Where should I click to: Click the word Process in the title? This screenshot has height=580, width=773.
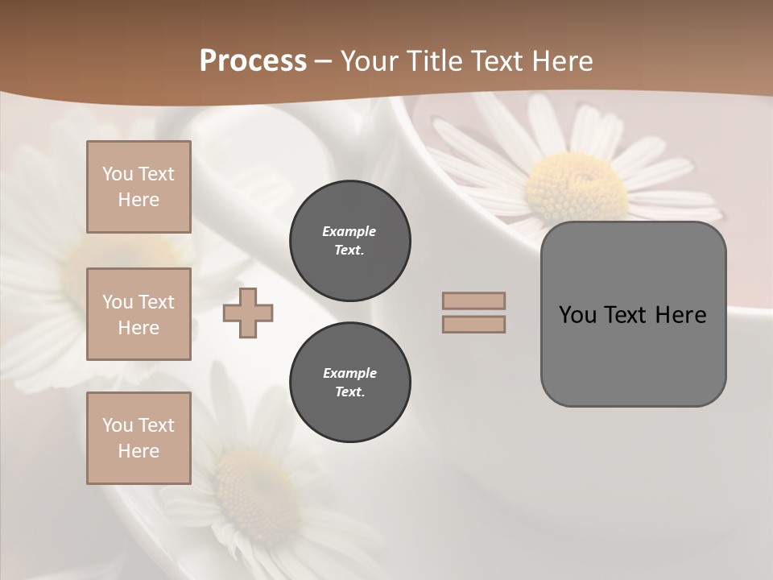(x=253, y=61)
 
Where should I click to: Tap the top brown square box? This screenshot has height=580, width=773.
(x=138, y=187)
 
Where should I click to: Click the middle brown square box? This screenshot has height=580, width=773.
(x=138, y=314)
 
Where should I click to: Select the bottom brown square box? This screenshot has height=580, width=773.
(x=138, y=437)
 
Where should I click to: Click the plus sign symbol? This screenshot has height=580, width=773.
(x=248, y=313)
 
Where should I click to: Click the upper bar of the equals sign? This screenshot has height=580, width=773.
(x=473, y=300)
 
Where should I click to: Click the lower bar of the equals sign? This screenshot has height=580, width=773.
(x=473, y=324)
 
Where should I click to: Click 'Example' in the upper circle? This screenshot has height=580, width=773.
(x=349, y=231)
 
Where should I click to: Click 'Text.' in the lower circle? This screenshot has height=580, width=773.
(x=349, y=391)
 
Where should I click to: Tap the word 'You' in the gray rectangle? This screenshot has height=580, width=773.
(x=577, y=315)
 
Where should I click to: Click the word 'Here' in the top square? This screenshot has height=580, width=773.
(x=138, y=200)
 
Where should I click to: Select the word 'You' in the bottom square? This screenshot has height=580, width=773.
(x=118, y=425)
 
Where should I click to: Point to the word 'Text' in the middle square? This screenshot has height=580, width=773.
(x=155, y=302)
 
